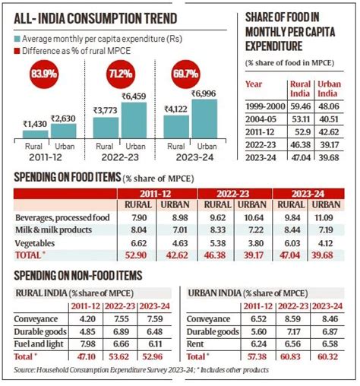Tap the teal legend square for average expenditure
pyautogui.click(x=16, y=37)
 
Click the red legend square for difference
pyautogui.click(x=16, y=50)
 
